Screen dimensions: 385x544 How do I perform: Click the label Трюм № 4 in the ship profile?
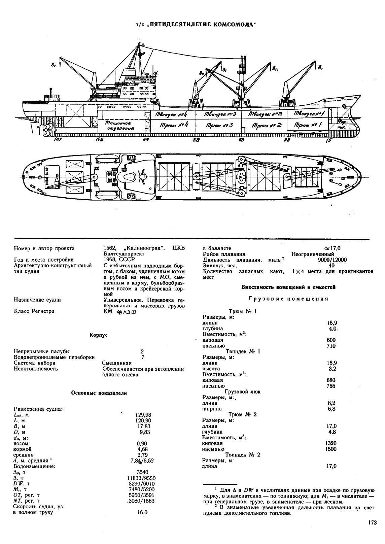coord(174,125)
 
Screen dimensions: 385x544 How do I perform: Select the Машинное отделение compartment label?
coord(120,126)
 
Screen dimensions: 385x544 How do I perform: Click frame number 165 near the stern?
coord(58,139)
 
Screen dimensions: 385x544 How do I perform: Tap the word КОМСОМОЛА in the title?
coord(234,25)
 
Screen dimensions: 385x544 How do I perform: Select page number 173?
coord(372,522)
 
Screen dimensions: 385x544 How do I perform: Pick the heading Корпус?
coord(99,335)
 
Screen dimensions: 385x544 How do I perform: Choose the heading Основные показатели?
coord(99,393)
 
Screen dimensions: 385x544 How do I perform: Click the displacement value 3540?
coord(142,472)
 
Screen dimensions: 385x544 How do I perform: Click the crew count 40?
coord(331,266)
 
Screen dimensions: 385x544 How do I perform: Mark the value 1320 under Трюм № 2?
coord(330,443)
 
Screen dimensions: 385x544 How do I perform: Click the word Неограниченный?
coord(313,254)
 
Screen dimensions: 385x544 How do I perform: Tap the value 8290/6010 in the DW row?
coord(142,483)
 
